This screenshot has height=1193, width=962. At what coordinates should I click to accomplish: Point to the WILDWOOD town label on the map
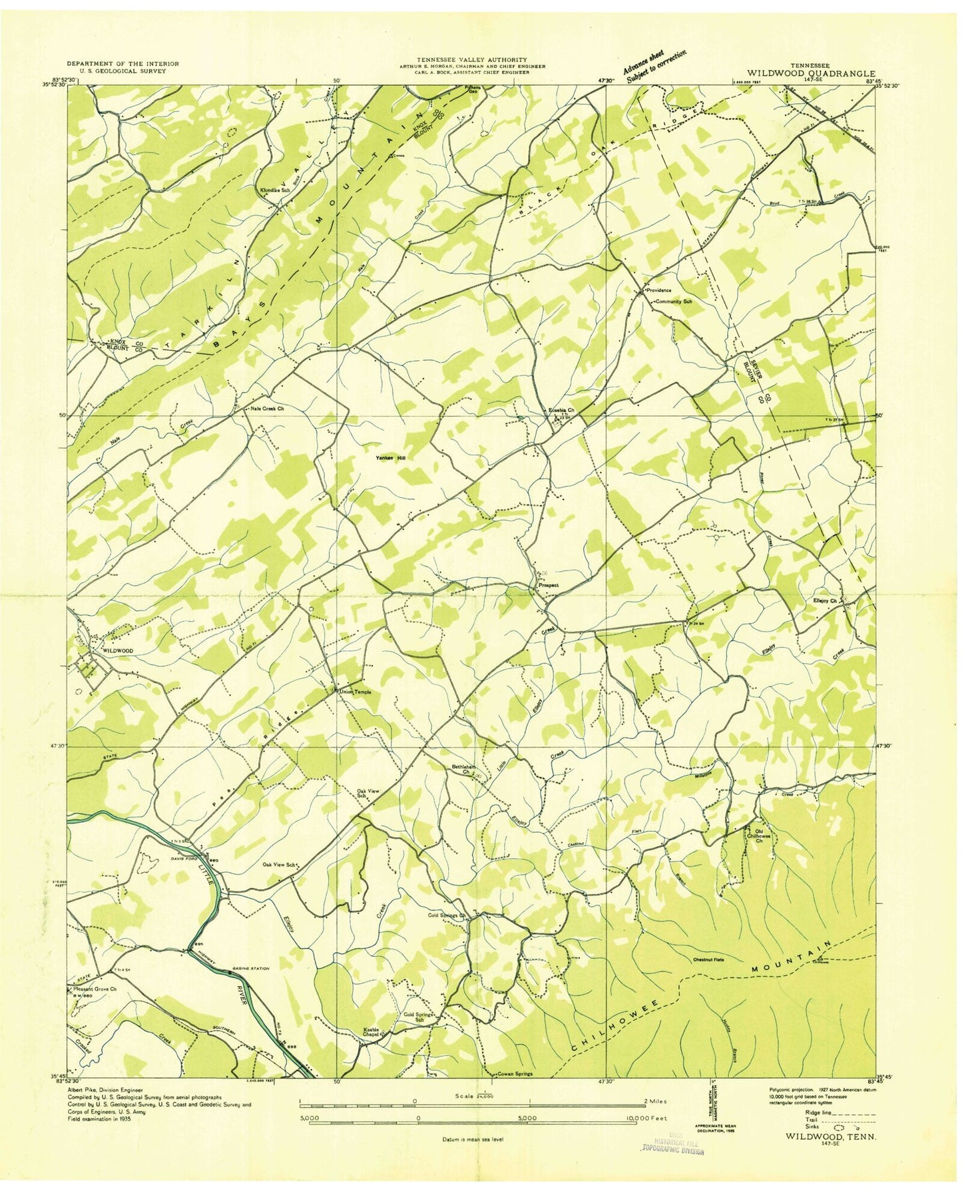[x=118, y=650]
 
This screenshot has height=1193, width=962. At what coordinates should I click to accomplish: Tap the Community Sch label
[x=674, y=302]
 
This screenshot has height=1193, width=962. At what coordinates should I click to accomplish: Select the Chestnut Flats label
[x=707, y=959]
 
